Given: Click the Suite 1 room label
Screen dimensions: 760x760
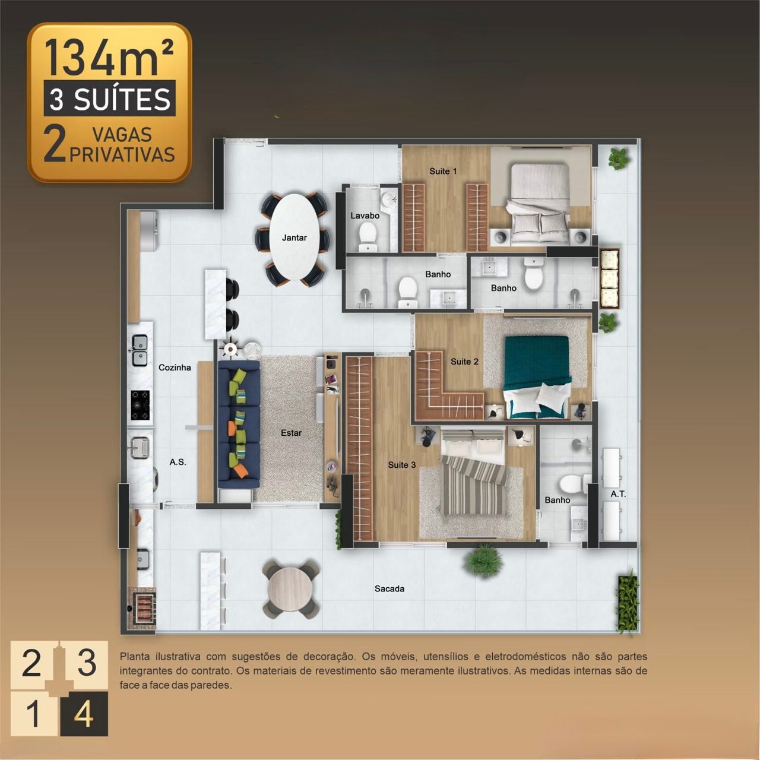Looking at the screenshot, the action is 443,171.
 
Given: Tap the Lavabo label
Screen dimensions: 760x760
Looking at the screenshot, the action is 365,216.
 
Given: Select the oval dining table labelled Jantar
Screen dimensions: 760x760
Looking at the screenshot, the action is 294,237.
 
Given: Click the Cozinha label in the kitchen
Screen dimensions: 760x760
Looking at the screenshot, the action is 175,368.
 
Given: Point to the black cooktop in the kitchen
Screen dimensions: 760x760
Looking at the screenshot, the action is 140,405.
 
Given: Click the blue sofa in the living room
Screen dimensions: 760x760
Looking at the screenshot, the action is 239,425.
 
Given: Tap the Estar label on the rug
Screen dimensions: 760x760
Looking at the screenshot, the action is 291,433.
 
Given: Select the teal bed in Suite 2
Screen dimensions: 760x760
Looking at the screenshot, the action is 538,377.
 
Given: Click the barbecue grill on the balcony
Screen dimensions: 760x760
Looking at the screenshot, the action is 142,607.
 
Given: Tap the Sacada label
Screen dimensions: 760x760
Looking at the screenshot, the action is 389,589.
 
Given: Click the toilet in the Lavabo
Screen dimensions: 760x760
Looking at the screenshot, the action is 368,237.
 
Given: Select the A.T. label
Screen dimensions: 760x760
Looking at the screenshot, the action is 618,494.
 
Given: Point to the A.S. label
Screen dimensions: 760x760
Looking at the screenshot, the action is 178,462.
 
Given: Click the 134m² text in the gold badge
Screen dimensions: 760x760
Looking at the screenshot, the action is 109,57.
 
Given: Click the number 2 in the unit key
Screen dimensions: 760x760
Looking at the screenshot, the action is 31,663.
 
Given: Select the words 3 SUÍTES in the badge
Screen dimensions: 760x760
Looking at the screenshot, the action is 110,99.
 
